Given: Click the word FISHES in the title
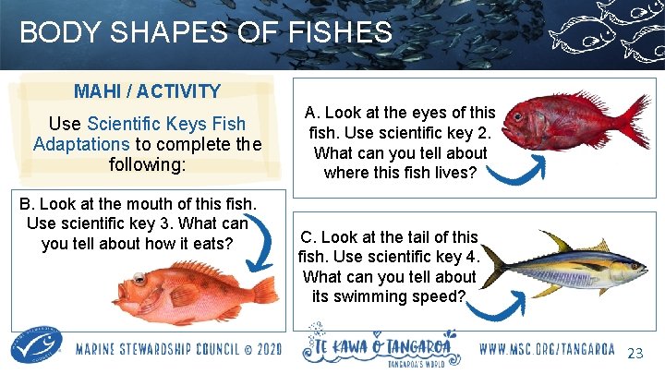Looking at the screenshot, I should pyautogui.click(x=335, y=33).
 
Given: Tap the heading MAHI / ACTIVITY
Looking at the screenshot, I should pyautogui.click(x=148, y=91).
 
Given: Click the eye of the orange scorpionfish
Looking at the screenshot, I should pyautogui.click(x=139, y=279).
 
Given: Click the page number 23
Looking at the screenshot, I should pyautogui.click(x=635, y=354).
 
